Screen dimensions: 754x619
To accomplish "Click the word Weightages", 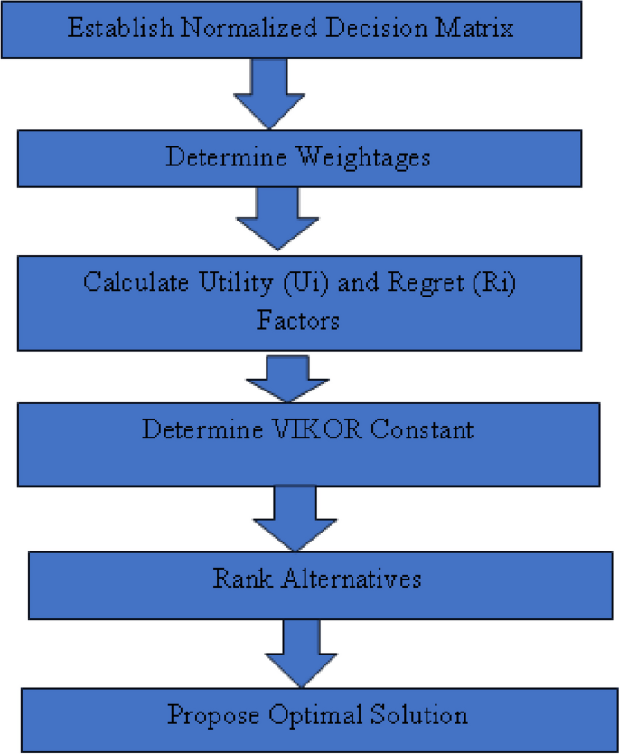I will [x=363, y=156].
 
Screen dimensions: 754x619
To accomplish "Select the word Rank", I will [x=239, y=578].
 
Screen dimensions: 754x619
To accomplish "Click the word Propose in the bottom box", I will [x=211, y=716].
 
